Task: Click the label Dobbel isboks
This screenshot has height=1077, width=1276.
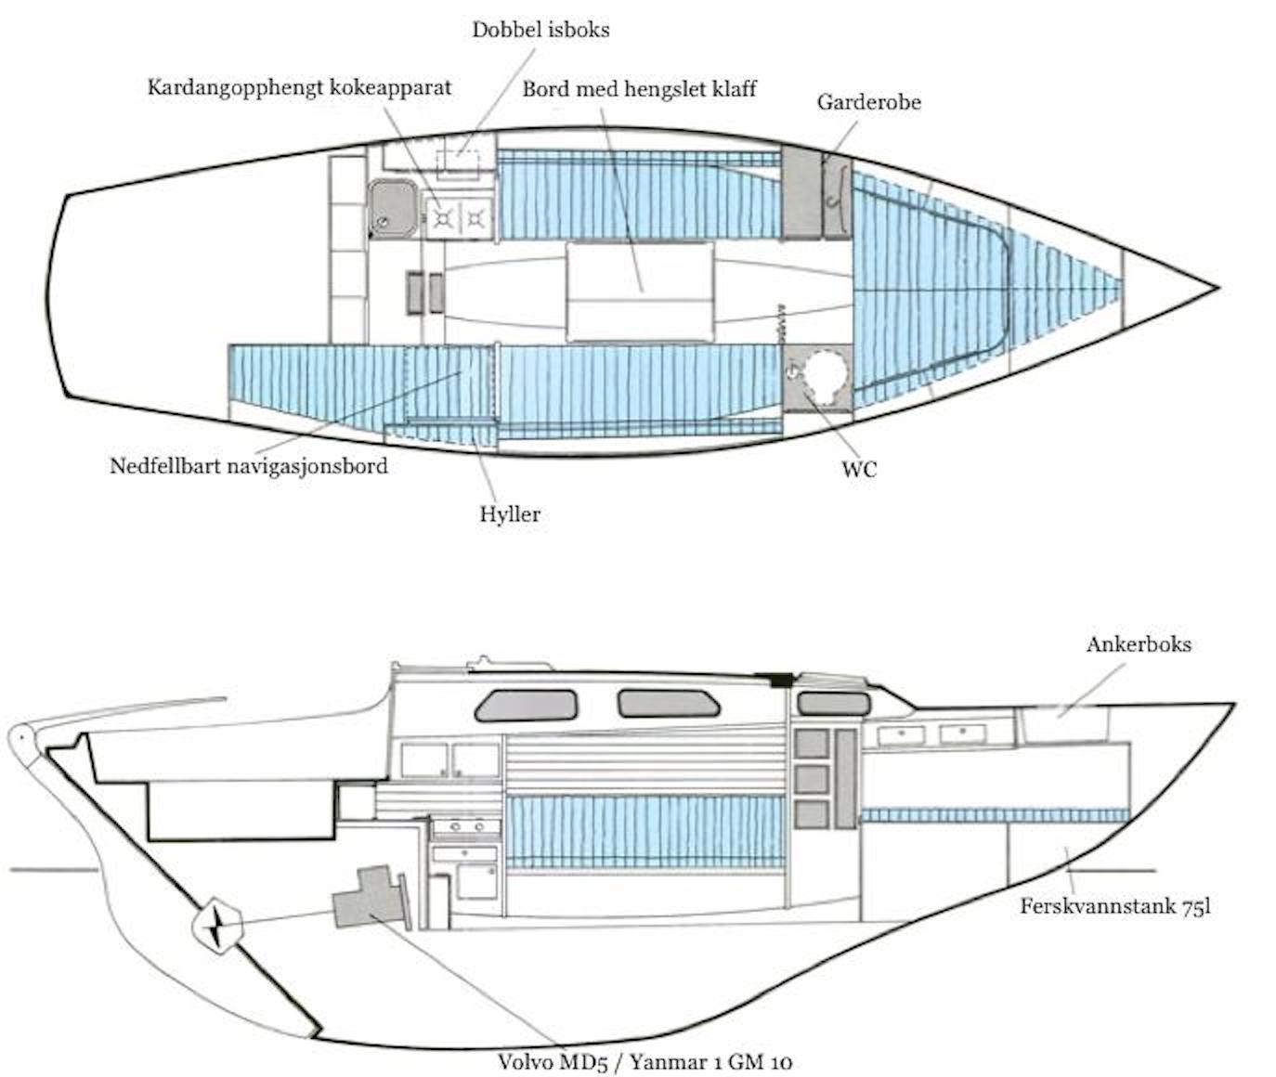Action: pyautogui.click(x=540, y=30)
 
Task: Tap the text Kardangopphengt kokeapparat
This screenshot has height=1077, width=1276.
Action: pyautogui.click(x=299, y=88)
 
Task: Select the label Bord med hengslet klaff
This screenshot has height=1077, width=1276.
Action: pyautogui.click(x=639, y=89)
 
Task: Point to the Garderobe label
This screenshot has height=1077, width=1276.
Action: pyautogui.click(x=868, y=102)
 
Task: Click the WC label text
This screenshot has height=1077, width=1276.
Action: pyautogui.click(x=859, y=469)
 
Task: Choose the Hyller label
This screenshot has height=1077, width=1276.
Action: pyautogui.click(x=510, y=513)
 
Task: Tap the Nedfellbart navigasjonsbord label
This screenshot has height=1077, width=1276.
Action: pyautogui.click(x=248, y=465)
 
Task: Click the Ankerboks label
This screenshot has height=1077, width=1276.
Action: pyautogui.click(x=1139, y=644)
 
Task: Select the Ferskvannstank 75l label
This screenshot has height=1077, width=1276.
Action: pyautogui.click(x=1114, y=906)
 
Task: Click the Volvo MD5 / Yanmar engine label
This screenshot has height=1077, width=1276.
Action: pyautogui.click(x=645, y=1061)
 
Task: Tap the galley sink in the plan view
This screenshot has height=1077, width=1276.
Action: pyautogui.click(x=394, y=207)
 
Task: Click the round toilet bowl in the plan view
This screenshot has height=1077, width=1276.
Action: pyautogui.click(x=826, y=375)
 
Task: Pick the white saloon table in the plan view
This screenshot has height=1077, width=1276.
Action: pyautogui.click(x=640, y=292)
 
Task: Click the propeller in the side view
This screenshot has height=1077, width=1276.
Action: pyautogui.click(x=218, y=926)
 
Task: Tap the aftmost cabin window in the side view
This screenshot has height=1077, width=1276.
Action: pyautogui.click(x=526, y=707)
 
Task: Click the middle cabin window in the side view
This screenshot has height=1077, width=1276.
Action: pyautogui.click(x=669, y=703)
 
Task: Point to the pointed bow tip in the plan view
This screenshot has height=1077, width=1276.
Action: pyautogui.click(x=1215, y=288)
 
